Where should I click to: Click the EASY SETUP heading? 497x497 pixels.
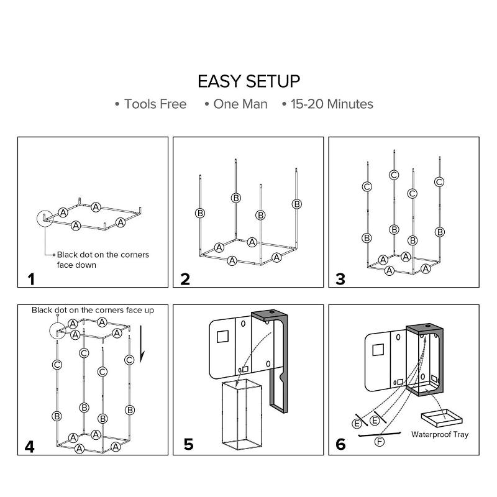pyautogui.click(x=248, y=81)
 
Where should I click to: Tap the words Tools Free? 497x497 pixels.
pyautogui.click(x=155, y=104)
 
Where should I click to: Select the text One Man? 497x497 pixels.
pyautogui.click(x=240, y=104)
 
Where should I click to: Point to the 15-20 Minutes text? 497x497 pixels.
pyautogui.click(x=331, y=104)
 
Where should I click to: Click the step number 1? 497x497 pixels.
pyautogui.click(x=30, y=279)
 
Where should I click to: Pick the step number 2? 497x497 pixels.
pyautogui.click(x=185, y=279)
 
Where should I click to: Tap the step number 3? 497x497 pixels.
pyautogui.click(x=340, y=279)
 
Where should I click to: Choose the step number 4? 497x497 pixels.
pyautogui.click(x=30, y=446)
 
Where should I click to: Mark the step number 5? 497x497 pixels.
pyautogui.click(x=188, y=444)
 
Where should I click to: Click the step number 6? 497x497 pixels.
pyautogui.click(x=340, y=445)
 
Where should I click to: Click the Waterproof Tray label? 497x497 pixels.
pyautogui.click(x=440, y=435)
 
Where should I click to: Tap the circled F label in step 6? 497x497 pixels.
pyautogui.click(x=380, y=442)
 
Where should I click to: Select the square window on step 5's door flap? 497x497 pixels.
pyautogui.click(x=222, y=339)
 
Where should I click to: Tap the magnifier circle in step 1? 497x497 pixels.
pyautogui.click(x=46, y=219)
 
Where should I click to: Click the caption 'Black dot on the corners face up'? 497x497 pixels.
pyautogui.click(x=93, y=309)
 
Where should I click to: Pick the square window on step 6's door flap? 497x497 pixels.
pyautogui.click(x=377, y=349)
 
